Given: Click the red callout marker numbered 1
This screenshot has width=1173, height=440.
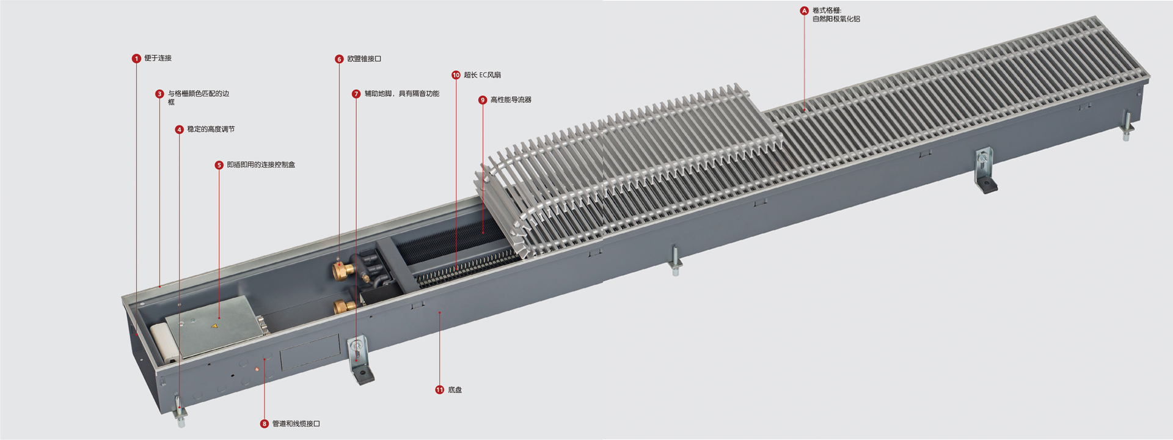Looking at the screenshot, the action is [x=136, y=59].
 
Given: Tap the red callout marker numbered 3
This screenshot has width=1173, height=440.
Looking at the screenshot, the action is [x=159, y=94].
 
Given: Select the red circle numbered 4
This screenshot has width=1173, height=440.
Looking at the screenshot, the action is [x=179, y=130].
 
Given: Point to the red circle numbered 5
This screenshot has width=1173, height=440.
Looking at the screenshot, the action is [x=219, y=165].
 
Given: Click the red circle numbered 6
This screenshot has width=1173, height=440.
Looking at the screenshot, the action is [x=339, y=59].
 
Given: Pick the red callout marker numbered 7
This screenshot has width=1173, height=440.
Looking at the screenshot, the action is [x=356, y=94].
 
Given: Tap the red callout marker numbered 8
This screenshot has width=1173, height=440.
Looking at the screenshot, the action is [x=264, y=424].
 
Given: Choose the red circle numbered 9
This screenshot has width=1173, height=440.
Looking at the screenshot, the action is [x=483, y=100].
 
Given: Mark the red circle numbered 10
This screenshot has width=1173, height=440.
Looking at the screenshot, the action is [x=456, y=75].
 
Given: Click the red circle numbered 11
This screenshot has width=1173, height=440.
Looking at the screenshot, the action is [x=439, y=390].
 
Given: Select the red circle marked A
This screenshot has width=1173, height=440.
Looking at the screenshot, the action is [x=804, y=11].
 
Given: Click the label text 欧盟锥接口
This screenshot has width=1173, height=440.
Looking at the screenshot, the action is [x=364, y=59].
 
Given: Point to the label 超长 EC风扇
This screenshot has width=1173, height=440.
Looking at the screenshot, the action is [x=482, y=75].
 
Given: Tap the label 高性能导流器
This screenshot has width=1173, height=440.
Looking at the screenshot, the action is [x=511, y=100].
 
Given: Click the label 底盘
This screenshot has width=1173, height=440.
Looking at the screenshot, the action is [x=455, y=390].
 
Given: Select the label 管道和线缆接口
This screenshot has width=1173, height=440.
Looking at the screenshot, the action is [x=296, y=424].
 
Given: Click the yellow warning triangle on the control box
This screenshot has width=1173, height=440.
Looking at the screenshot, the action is [x=214, y=327].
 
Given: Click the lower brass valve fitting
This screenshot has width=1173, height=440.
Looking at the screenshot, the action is [x=345, y=306].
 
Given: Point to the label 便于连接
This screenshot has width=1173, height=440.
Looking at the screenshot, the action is [x=158, y=58].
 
